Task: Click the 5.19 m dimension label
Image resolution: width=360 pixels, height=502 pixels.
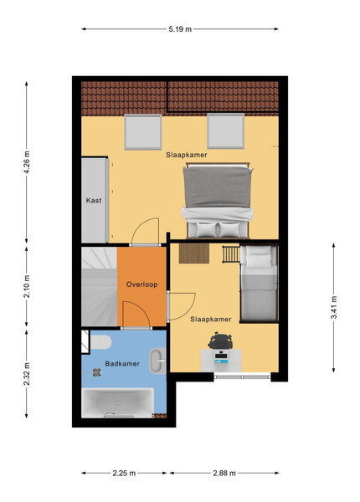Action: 180,29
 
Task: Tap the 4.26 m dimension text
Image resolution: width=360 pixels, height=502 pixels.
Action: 27,162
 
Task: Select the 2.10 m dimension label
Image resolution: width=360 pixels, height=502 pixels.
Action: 27,286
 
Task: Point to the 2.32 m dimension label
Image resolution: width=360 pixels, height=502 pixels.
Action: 27,374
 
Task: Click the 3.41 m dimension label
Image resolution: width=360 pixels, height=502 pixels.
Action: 333,307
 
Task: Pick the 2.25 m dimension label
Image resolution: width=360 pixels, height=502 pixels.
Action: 124,473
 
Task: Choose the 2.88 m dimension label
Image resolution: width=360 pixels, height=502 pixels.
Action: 224,473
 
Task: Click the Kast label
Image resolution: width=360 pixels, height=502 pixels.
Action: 94,201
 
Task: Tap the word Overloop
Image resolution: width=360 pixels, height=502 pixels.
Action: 141,284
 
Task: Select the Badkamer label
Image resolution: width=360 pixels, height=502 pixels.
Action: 122,364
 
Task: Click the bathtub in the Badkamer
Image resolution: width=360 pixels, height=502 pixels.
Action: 117,402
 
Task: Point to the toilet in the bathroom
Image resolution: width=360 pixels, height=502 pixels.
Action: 100,342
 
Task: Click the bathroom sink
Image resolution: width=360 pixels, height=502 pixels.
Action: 157,361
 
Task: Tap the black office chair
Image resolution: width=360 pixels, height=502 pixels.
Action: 219,341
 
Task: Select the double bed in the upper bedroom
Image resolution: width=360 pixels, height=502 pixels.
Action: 218,201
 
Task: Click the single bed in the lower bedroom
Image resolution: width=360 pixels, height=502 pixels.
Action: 259,284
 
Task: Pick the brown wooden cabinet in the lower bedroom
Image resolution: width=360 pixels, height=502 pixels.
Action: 193,254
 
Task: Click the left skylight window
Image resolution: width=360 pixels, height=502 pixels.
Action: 143,131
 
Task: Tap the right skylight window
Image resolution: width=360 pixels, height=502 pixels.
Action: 226,131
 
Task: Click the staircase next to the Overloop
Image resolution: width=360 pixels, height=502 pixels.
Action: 99,286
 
